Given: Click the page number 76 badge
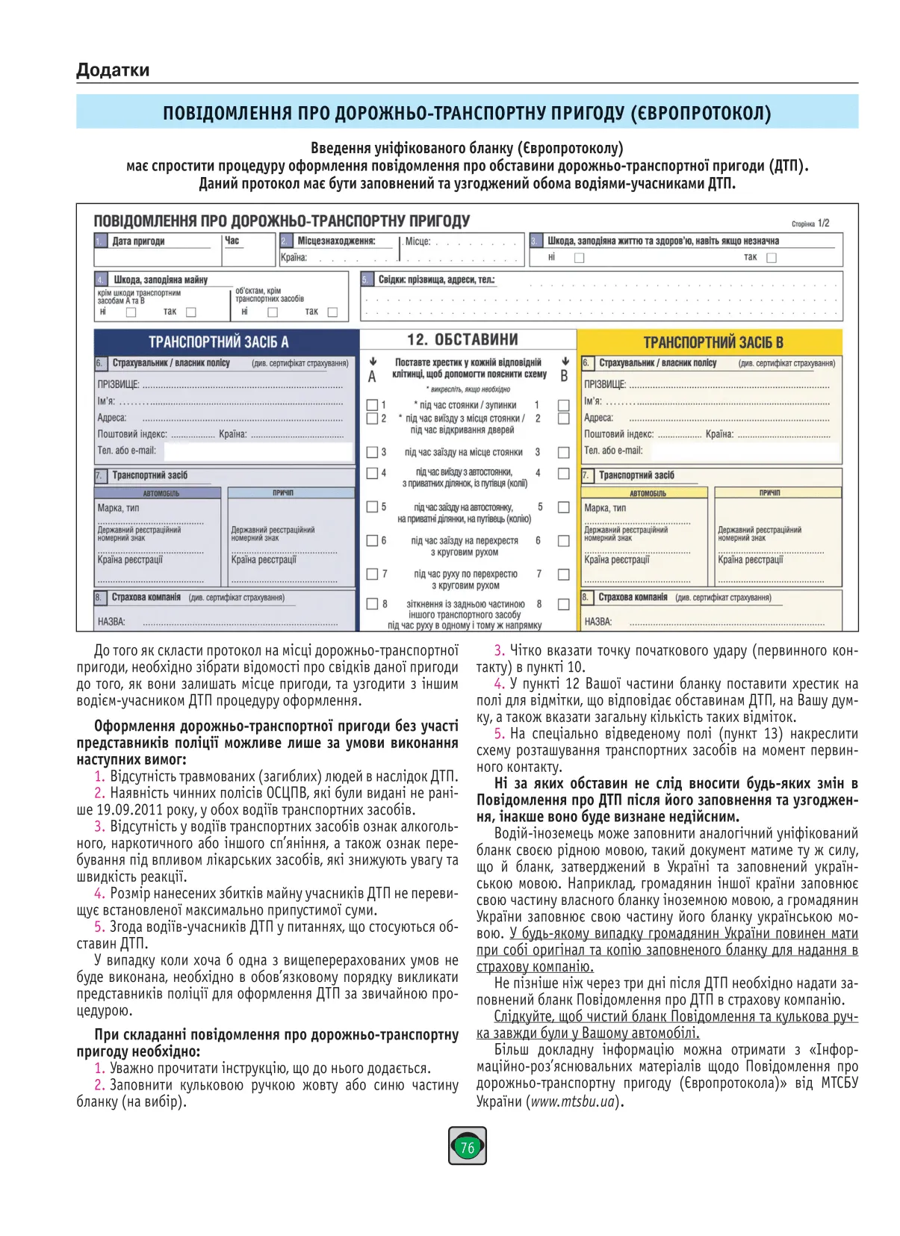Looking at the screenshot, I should pos(467,1146).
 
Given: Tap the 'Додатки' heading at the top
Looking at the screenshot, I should pos(113,70).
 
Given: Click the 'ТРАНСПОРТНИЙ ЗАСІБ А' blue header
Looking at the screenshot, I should pos(218,342).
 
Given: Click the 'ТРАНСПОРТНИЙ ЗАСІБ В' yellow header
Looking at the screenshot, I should pos(713,342).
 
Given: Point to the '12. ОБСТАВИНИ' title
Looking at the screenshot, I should pos(462,339).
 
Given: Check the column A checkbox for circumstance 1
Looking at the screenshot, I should pos(372,405).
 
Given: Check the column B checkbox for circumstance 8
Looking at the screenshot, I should pos(564,604).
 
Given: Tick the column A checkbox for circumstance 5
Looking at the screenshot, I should pos(372,507).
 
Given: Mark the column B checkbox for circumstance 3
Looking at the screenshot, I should pos(564,452).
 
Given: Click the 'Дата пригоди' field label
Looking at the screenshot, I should pos(138,241).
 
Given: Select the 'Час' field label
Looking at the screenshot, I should pos(232,241).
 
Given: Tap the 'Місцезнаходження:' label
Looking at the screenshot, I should pos(336,241).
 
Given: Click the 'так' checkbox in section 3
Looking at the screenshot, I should pos(772,258).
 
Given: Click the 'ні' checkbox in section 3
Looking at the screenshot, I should pos(579,258).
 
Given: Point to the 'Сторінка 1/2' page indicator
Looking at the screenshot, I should pos(810,223).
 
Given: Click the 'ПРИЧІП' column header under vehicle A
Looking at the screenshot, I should pos(283,493).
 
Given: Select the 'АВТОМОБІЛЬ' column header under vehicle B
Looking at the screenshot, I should pos(645,493).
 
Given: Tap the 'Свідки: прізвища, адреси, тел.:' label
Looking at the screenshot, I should pos(436,279).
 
